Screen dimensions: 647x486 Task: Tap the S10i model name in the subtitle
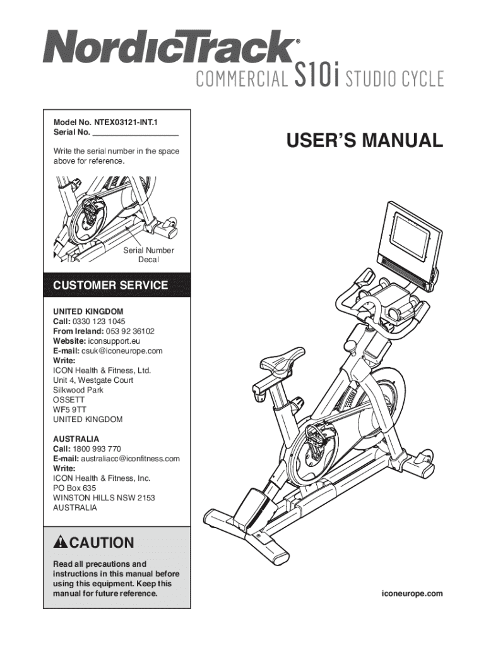[x=318, y=78]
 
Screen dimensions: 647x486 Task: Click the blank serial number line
[x=135, y=133]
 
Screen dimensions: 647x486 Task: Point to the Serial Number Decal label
[x=148, y=255]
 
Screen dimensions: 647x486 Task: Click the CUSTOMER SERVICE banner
[x=110, y=286]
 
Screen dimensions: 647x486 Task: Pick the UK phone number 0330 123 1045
[x=98, y=321]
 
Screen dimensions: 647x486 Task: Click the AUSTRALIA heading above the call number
[x=76, y=438]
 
